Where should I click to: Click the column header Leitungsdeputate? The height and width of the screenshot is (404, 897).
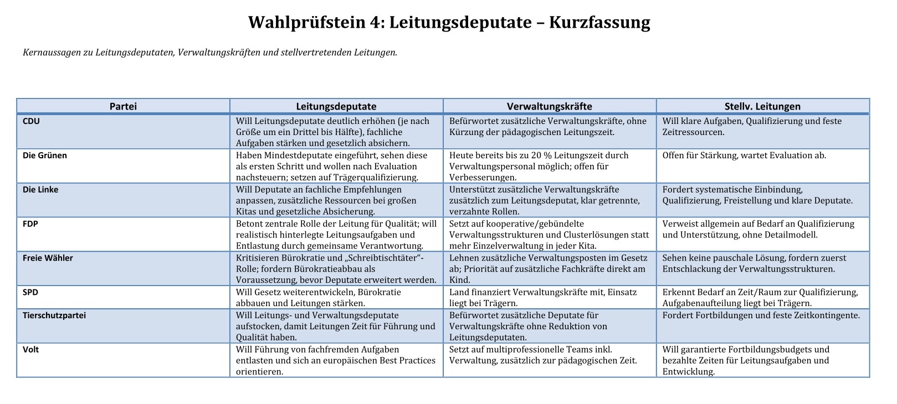pos(336,106)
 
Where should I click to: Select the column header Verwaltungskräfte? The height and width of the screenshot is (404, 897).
pos(549,106)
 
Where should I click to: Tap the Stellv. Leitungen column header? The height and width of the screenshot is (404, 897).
pos(762,106)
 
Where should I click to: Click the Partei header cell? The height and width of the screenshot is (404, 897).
pos(123,106)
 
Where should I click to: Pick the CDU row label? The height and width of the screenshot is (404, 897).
pos(31,121)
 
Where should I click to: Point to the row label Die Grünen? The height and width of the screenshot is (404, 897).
pos(45,156)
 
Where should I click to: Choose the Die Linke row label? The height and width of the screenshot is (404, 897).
pos(40,190)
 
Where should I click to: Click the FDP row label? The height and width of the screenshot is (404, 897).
pos(30,224)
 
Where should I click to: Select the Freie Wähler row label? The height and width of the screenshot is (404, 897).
pos(48,258)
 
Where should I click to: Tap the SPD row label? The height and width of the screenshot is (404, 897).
pos(30,292)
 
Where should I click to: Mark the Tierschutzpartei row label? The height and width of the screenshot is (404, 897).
pos(54,315)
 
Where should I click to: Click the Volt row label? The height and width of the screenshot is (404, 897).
pos(31,350)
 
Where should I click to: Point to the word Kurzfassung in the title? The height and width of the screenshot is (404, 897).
pos(599,23)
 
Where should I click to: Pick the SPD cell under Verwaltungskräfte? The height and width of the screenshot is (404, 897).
pos(543,298)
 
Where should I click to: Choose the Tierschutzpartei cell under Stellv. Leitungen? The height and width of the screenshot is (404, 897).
pos(761,315)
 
